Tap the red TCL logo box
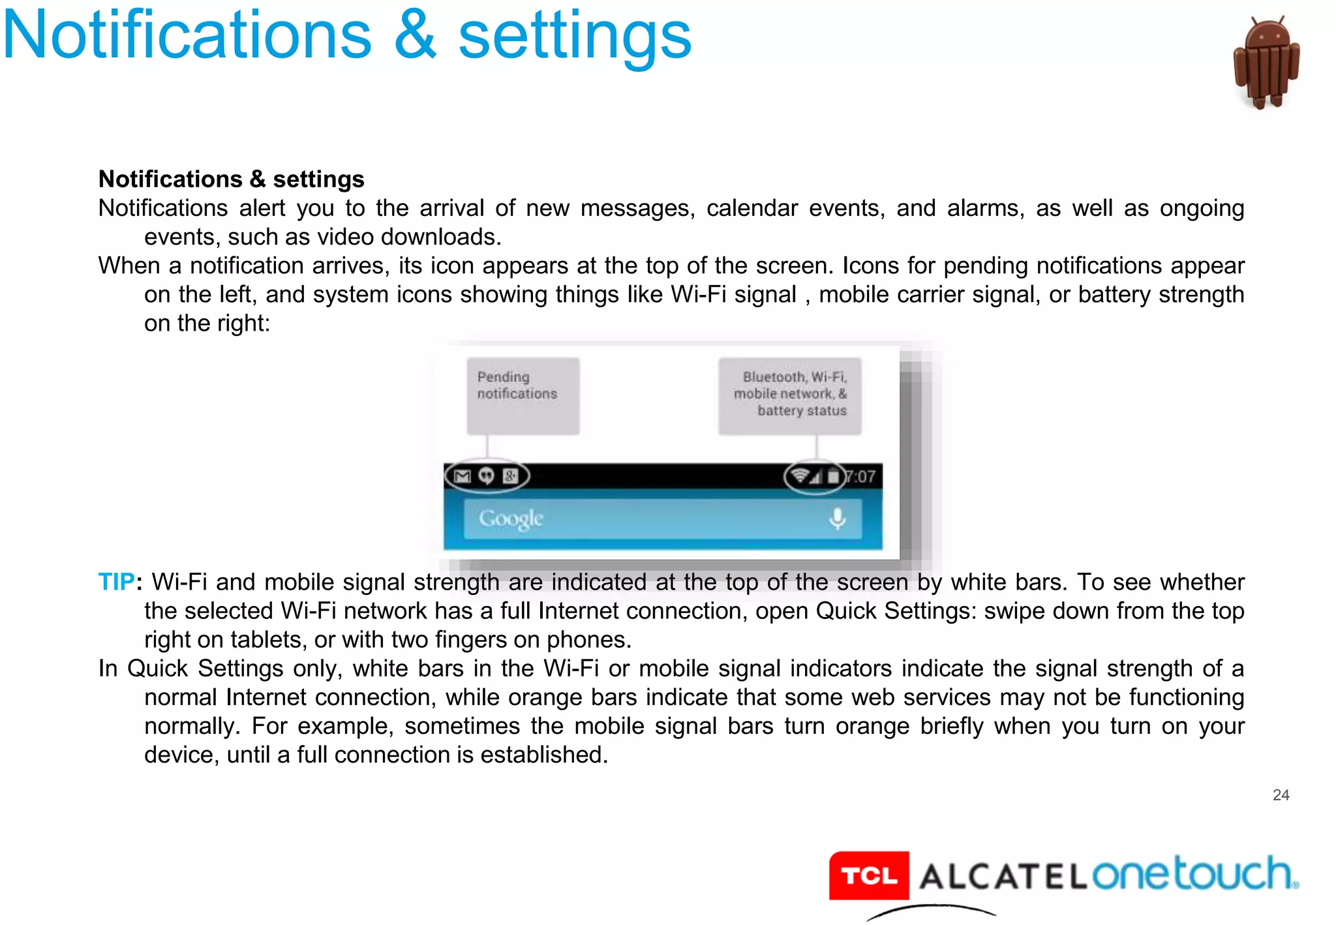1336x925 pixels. point(869,875)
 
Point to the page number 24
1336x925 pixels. point(1281,795)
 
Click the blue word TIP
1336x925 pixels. point(116,582)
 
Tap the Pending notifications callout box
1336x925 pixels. point(523,395)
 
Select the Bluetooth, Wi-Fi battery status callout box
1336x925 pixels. point(789,395)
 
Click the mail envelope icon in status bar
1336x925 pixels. point(463,476)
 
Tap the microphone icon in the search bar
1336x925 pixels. point(837,519)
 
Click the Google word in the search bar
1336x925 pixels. point(511,519)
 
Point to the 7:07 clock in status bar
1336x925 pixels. point(861,477)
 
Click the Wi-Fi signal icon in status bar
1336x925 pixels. point(800,476)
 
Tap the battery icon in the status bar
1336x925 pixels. point(833,476)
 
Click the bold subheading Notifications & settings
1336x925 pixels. point(231,179)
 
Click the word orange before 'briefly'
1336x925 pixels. point(872,726)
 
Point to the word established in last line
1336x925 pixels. point(544,755)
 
